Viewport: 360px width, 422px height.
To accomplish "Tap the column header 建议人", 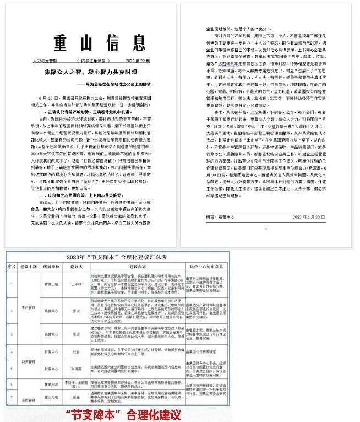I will click(x=77, y=268).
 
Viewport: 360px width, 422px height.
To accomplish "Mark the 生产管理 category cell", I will click(x=28, y=307).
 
